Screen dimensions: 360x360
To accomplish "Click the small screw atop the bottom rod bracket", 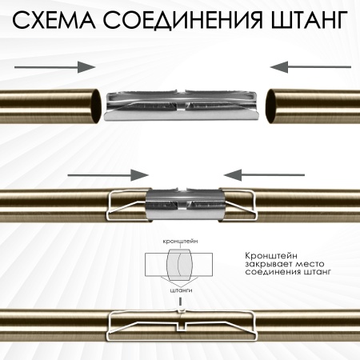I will (183, 310).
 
